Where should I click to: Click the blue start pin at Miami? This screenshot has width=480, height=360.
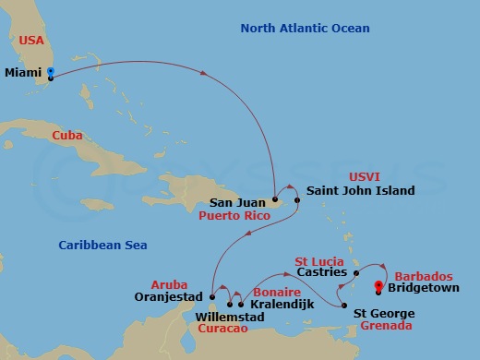point(50,72)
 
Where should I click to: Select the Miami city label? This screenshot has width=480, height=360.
point(24,71)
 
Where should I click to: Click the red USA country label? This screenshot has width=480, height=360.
point(31,40)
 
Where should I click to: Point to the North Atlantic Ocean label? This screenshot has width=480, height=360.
point(305,29)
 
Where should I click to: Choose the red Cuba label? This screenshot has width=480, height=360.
point(66,135)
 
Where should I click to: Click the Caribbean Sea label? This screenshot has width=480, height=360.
point(102,245)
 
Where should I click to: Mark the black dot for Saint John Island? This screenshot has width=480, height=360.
point(297,198)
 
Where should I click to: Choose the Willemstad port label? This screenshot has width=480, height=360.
point(230,317)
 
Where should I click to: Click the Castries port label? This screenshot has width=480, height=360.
point(323,273)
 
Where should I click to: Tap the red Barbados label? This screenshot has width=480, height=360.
point(423,276)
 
